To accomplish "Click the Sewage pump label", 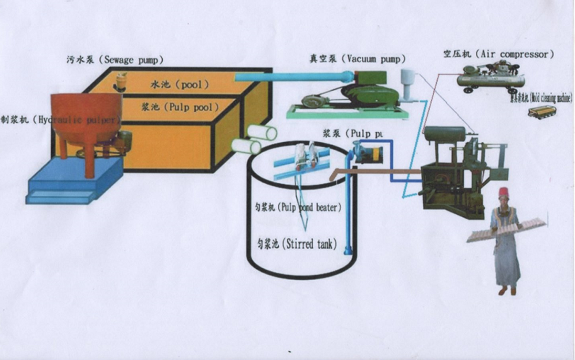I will tap(115, 60).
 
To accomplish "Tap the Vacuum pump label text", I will tap(357, 59).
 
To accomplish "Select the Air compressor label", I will tap(498, 54).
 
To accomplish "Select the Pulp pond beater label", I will tap(296, 207).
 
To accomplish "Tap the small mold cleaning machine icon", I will tap(542, 113).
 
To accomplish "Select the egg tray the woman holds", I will tap(506, 230).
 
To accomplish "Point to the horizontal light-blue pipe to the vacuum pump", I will tap(291, 77).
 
